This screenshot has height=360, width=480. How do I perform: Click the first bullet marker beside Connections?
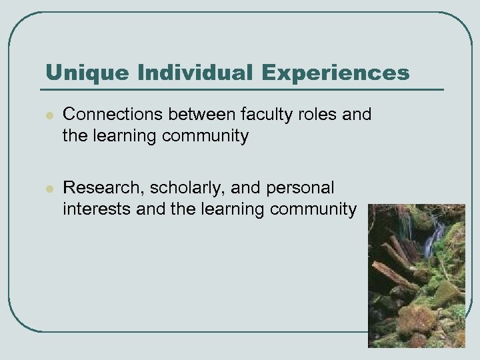47,116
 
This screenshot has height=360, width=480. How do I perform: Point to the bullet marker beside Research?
47,188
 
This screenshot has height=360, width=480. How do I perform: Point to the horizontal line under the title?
240,89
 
